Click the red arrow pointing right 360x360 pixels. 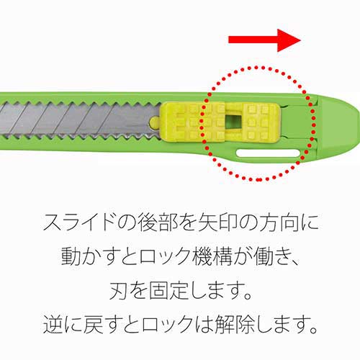264,40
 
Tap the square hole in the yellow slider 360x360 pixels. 234,122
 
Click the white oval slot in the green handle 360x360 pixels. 268,153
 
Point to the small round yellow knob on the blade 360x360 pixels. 155,122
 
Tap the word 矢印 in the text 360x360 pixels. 217,222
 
